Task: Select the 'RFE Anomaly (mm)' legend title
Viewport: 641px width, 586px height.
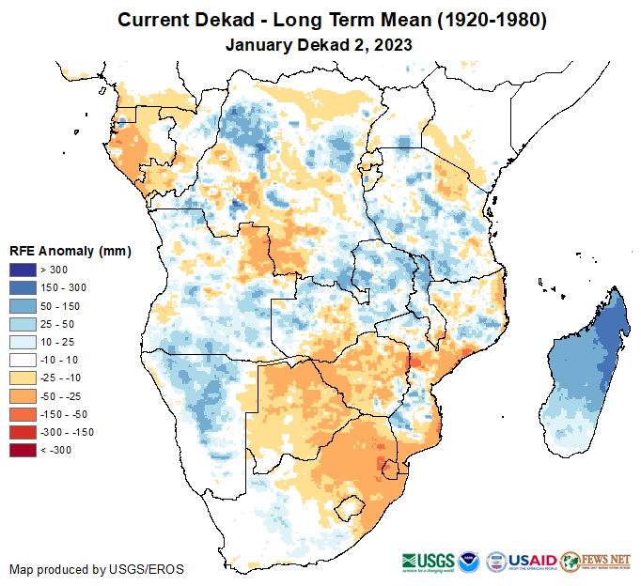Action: click(x=70, y=252)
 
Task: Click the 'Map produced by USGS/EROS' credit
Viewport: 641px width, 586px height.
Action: click(x=97, y=569)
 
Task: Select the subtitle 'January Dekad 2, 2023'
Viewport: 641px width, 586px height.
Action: click(x=320, y=44)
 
